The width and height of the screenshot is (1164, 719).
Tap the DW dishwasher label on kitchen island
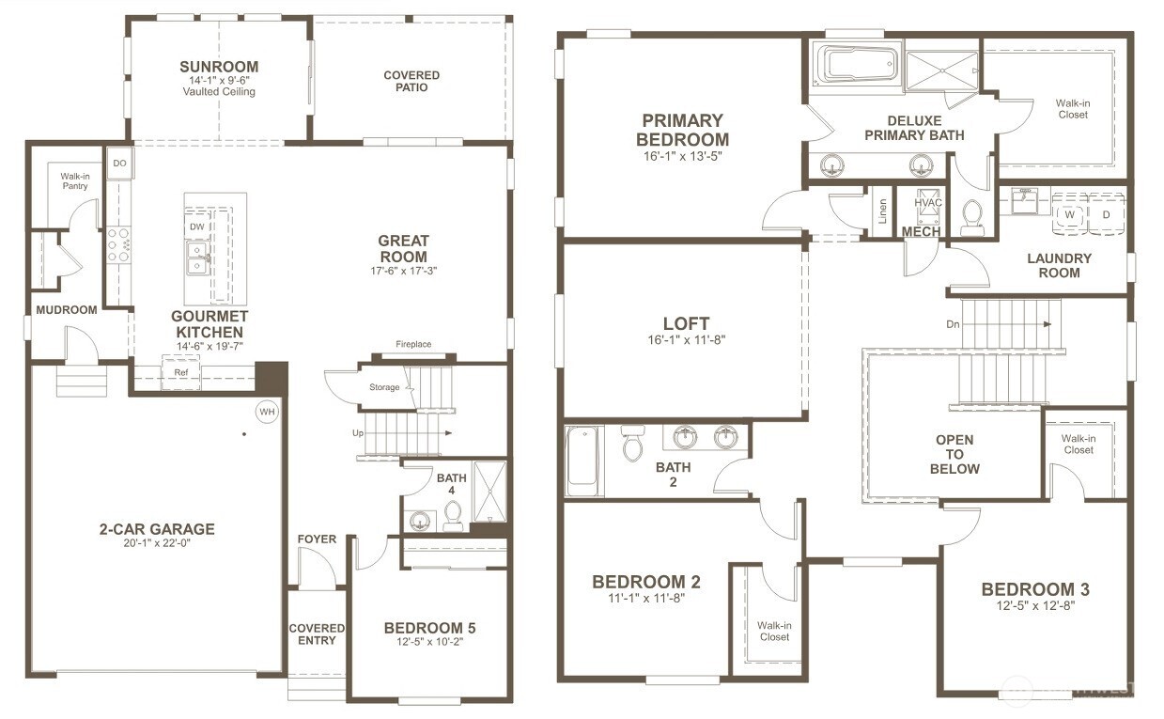196,227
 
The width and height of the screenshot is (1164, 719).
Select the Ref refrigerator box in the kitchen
180,372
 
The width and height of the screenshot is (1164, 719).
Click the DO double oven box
119,164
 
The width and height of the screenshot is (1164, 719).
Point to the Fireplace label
413,344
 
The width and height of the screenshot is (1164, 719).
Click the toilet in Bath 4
453,515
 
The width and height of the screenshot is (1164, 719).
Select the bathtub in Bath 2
583,461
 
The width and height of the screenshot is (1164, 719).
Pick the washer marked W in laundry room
1069,214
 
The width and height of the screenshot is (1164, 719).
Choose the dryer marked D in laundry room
1106,214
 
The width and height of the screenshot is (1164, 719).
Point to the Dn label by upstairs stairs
954,324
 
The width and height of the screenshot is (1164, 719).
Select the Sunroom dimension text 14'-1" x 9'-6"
220,81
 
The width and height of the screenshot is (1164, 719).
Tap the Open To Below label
954,454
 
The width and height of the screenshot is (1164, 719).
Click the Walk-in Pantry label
74,180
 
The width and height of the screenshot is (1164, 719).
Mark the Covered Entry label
317,634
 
